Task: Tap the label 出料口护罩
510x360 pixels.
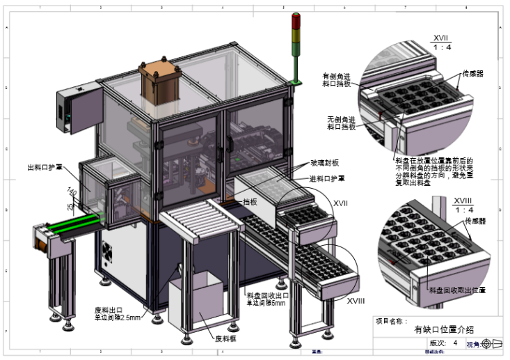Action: click(45, 166)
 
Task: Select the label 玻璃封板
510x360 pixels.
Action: click(325, 163)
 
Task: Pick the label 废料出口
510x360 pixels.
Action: click(109, 310)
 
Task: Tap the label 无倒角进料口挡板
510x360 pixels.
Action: click(341, 124)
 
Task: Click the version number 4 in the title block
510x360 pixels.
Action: click(455, 343)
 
